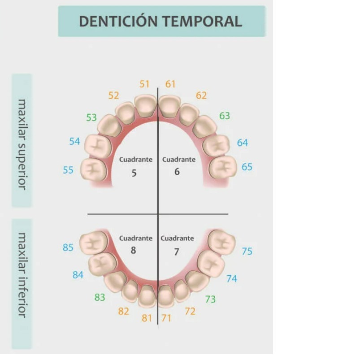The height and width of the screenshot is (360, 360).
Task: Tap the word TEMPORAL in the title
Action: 203,22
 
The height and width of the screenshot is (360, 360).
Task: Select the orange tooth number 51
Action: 144,84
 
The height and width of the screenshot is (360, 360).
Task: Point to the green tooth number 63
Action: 225,116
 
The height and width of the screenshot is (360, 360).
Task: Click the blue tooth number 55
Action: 68,170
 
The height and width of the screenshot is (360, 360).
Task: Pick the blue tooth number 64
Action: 243,143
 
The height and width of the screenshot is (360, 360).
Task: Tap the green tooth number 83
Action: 100,297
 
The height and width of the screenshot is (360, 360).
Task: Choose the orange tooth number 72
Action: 190,311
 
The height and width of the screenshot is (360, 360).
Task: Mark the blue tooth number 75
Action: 247,252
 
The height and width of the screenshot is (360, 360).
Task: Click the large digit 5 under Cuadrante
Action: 134,173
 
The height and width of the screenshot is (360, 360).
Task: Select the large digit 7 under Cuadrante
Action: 176,252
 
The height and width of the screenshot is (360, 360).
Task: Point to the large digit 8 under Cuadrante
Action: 134,250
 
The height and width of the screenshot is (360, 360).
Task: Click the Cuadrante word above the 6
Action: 179,159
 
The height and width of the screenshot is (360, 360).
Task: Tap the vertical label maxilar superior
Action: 22,145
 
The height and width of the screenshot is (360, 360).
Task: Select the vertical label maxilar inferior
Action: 22,275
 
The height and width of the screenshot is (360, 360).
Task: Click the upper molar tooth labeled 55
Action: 94,169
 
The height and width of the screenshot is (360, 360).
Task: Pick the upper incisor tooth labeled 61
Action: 169,107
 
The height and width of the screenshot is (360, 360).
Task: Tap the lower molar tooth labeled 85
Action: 93,243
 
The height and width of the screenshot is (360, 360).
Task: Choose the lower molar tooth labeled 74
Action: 211,263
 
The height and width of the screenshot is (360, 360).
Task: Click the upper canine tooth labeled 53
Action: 109,126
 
